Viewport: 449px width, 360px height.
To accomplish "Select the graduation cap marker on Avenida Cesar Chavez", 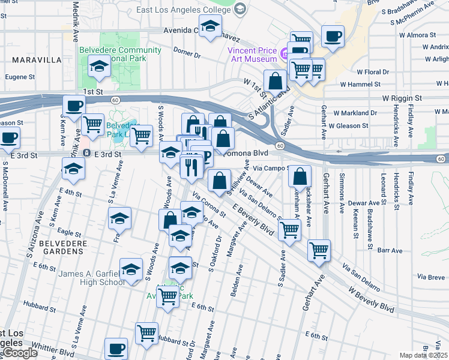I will click(210, 28).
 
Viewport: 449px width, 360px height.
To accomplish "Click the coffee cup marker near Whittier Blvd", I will click(116, 348).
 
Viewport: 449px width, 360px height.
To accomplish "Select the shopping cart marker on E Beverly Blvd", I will click(290, 229).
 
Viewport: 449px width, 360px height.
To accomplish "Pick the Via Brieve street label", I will click(432, 277).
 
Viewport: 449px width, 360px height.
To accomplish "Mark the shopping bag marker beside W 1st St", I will click(275, 80).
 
